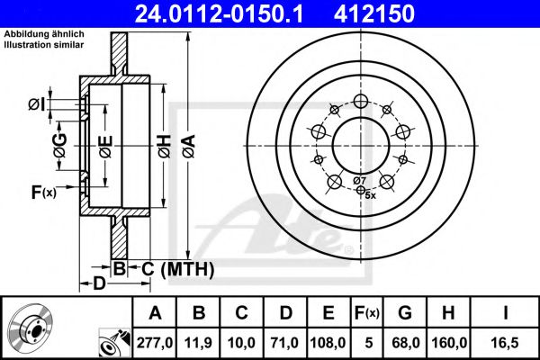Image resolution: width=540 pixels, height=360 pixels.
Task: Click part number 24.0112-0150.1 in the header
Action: click(219, 13)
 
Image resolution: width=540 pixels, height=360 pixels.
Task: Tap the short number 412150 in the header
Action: click(374, 13)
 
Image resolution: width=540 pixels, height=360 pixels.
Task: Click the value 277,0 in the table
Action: click(155, 343)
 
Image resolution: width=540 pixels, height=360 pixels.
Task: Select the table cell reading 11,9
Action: click(198, 343)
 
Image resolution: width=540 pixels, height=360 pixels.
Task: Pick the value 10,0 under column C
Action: click(241, 343)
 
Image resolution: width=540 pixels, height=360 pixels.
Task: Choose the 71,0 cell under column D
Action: click(284, 343)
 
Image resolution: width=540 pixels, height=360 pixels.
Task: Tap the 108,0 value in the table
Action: click(328, 343)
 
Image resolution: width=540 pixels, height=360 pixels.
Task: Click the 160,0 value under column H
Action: click(449, 343)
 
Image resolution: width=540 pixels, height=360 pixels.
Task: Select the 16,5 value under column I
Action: click(505, 343)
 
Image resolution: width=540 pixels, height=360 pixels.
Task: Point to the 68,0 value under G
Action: click(406, 343)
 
